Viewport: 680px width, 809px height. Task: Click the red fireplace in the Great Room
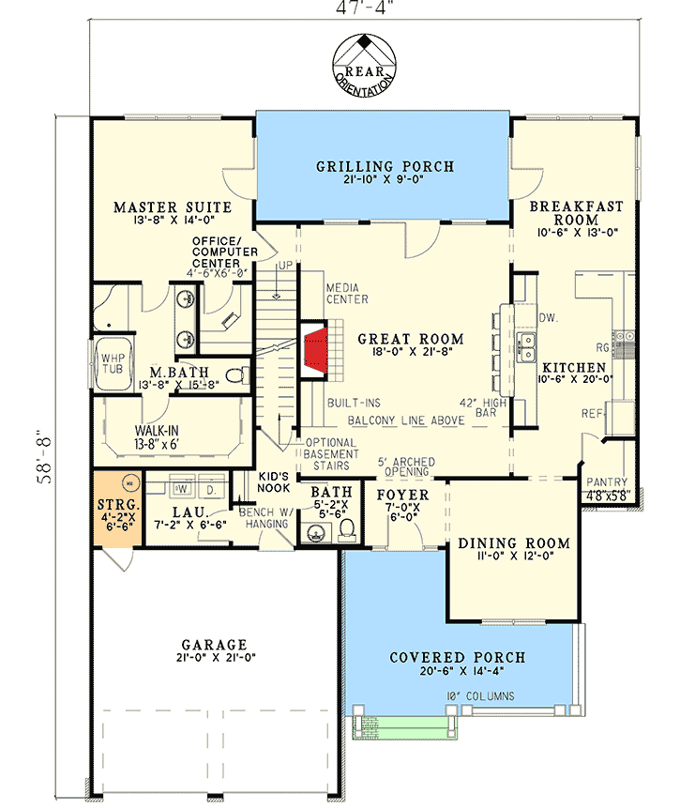(315, 351)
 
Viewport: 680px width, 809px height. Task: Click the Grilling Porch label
(385, 167)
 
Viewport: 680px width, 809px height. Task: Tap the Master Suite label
(158, 206)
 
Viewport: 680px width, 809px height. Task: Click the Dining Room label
(513, 543)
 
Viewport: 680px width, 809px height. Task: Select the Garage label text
(214, 645)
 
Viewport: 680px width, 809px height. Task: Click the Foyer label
(402, 495)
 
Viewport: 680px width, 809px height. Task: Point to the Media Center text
(346, 293)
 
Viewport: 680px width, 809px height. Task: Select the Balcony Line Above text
(406, 421)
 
